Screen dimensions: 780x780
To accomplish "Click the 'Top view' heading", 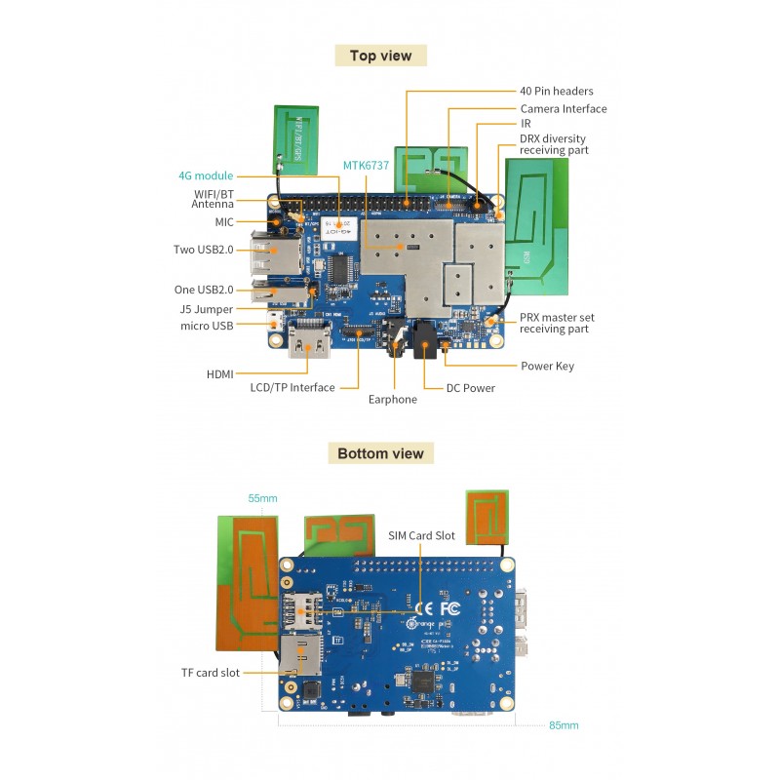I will tap(380, 56).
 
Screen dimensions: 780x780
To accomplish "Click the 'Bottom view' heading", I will tap(380, 453).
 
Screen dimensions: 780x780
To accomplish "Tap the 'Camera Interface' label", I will tap(563, 109).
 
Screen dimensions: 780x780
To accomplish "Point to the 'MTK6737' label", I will tap(366, 166).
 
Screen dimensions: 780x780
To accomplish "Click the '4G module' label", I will tap(205, 176).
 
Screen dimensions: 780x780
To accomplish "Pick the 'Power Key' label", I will tap(547, 367).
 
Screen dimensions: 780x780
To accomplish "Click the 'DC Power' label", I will tap(470, 388).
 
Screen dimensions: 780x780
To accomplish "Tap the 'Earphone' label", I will tap(392, 399).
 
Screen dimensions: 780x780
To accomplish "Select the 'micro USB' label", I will tap(207, 325).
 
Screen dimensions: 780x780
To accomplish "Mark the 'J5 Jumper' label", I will tap(208, 308).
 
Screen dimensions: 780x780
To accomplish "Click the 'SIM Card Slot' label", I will tap(421, 535).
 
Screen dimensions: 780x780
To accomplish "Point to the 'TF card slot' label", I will tap(210, 673).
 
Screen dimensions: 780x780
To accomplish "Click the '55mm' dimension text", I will tap(262, 498).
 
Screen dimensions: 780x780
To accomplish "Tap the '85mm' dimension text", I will tap(563, 725).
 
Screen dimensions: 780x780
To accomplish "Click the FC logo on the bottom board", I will tap(450, 609).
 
